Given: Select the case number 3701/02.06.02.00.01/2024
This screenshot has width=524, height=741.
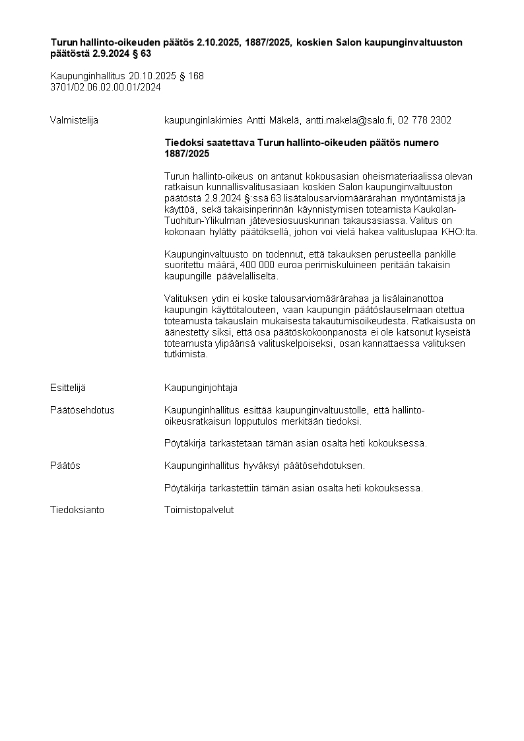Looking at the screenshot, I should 106,87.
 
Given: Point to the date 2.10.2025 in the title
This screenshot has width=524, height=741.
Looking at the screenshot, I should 220,42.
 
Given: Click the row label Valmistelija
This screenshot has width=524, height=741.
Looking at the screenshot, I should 74,120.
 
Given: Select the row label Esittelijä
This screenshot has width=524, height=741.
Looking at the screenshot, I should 68,387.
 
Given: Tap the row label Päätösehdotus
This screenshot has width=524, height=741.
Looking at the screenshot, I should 82,410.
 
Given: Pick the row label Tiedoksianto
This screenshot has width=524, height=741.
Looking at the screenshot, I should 77,510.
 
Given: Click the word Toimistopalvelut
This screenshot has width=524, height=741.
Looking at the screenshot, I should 199,510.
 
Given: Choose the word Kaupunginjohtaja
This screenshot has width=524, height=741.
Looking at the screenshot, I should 201,387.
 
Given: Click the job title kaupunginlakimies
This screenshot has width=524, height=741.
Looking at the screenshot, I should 203,120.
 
